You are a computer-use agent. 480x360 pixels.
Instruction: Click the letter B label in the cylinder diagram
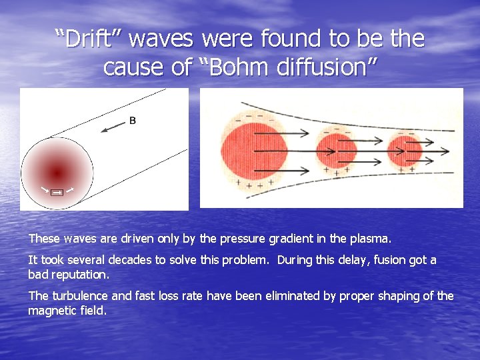click(x=132, y=121)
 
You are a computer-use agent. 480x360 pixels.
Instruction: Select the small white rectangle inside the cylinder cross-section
click(x=57, y=193)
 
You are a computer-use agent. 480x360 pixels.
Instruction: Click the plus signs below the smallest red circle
click(x=405, y=170)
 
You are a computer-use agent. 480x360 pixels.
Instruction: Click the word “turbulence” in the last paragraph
click(x=77, y=296)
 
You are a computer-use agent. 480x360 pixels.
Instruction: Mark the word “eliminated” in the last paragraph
click(x=283, y=296)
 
